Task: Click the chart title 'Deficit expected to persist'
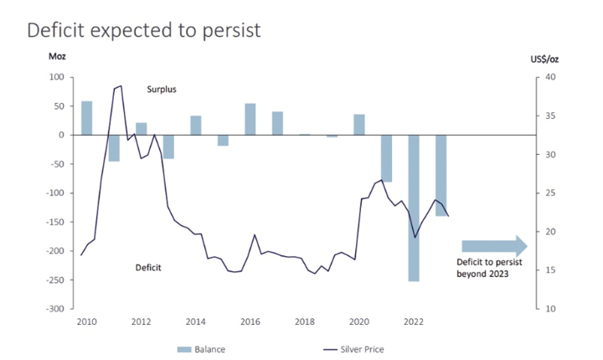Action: point(145,30)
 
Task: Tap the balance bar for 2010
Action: point(86,118)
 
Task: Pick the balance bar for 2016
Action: point(250,119)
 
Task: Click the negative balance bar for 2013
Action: point(168,147)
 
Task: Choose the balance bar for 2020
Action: point(358,124)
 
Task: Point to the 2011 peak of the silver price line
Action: point(121,85)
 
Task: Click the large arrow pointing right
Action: point(494,245)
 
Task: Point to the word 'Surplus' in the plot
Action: point(162,89)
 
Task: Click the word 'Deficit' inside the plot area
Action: point(148,268)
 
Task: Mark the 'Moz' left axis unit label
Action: point(55,58)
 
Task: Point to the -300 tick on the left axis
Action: point(54,308)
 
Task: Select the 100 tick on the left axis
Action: point(57,77)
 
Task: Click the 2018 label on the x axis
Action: point(304,321)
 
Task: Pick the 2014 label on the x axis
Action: point(195,321)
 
